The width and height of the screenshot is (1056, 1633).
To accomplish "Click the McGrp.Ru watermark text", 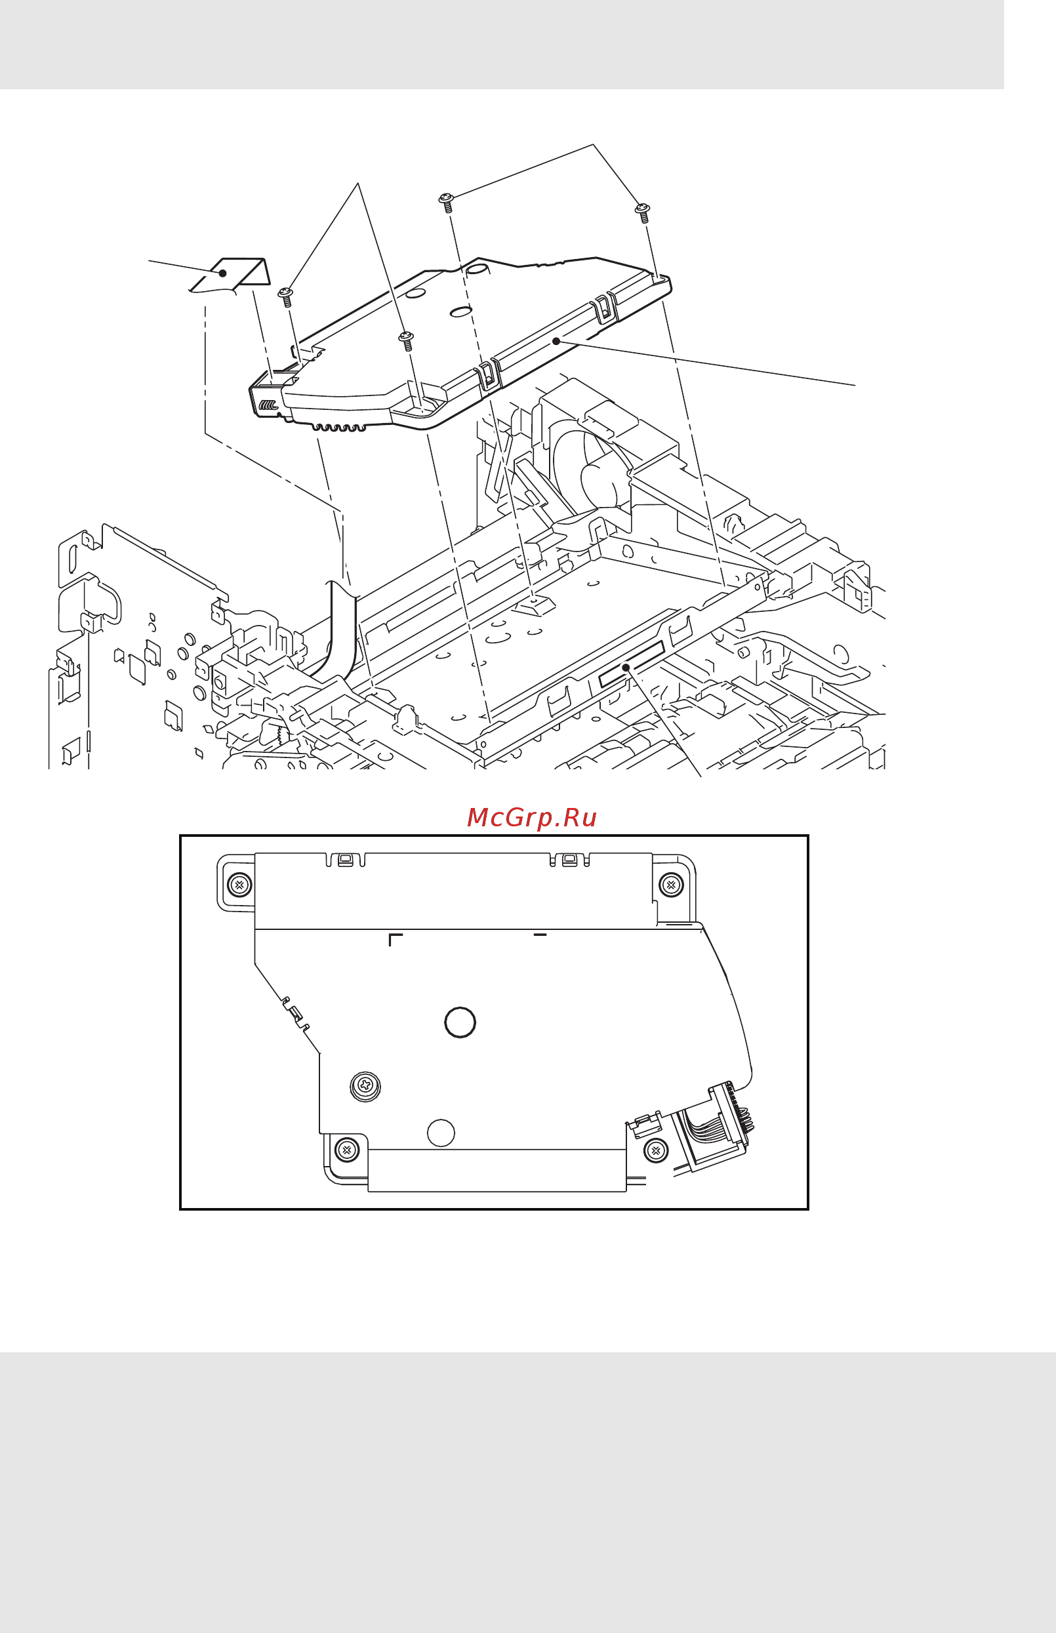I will pos(531,817).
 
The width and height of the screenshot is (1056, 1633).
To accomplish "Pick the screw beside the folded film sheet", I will pos(286,296).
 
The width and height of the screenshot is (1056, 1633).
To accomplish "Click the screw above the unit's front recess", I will pos(407,339).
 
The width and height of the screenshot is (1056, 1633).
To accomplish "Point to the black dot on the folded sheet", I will pos(223,273).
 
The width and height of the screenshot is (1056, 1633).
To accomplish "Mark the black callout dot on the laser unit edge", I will pos(556,341).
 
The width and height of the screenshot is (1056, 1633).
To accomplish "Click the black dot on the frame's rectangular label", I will pos(625,667).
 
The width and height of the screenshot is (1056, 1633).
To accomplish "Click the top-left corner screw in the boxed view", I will pos(239,884).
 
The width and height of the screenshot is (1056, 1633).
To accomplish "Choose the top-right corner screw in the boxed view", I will pos(670,884).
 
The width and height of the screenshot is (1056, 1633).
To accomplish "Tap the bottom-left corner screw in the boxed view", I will pos(346,1149).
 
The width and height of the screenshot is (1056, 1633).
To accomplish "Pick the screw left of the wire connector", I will pos(656,1150).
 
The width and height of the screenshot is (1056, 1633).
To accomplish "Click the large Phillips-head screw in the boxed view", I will pos(365,1086).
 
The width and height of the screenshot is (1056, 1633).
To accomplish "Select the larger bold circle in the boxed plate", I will pos(460,1022).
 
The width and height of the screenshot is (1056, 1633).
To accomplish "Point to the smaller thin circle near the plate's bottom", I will pos(441,1133).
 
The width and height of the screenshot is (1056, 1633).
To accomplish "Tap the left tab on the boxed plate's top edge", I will pos(346,860).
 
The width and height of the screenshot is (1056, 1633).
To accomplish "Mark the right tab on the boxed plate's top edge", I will pos(570,860).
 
